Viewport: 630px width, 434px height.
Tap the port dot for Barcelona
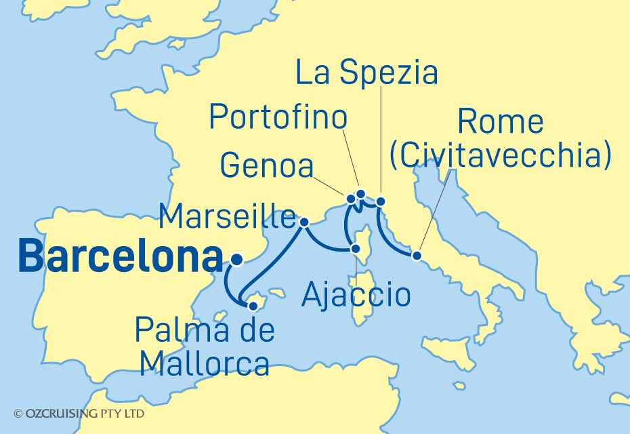(236, 258)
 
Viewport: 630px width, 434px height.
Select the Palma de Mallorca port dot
(253, 306)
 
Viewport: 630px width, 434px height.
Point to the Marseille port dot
(304, 222)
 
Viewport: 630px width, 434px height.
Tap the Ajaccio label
(356, 296)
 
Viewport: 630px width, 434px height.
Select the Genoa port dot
(351, 199)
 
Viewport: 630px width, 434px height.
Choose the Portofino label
(278, 117)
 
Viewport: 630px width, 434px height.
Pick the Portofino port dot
(361, 195)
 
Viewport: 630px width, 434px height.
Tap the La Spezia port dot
(381, 201)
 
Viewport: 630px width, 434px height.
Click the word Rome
(501, 122)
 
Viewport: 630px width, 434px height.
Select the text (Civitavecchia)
(501, 155)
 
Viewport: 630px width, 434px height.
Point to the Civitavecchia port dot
(417, 256)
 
